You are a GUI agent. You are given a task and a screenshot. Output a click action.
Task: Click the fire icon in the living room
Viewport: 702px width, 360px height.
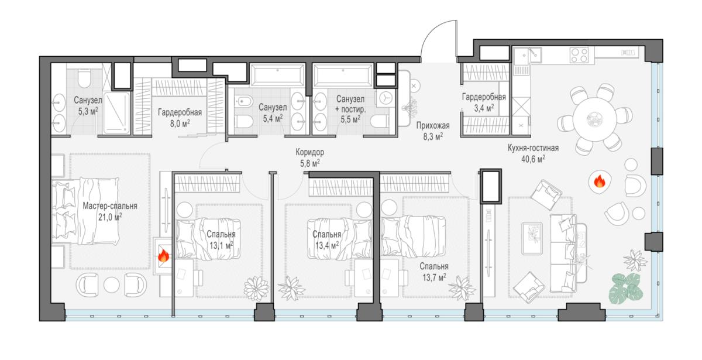[599, 181]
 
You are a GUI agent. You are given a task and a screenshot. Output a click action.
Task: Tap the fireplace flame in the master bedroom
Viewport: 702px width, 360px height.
[163, 256]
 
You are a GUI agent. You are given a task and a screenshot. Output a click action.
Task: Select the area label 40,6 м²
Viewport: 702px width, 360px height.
[533, 159]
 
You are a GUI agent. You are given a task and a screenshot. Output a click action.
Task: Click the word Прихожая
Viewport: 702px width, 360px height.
[433, 126]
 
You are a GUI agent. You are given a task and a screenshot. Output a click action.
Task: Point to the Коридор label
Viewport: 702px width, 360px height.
[309, 152]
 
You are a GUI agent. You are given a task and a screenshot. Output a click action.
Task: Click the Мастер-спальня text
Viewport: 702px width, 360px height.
[110, 206]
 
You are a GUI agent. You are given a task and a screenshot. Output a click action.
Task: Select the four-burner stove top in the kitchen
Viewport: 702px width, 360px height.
[579, 55]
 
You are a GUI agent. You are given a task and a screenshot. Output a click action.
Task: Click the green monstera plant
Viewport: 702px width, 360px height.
[626, 288]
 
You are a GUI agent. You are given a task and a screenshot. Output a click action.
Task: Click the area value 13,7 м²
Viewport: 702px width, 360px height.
[434, 277]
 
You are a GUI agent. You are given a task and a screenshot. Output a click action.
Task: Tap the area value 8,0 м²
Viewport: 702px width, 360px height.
[180, 124]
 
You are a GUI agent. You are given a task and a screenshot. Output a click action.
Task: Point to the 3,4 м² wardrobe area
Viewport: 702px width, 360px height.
[484, 108]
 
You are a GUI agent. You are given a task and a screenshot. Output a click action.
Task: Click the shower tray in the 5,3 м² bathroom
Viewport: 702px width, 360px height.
[116, 112]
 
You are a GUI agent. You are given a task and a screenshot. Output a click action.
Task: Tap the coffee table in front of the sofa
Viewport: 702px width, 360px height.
[532, 238]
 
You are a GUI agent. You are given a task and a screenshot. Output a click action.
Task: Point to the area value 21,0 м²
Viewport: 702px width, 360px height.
[110, 217]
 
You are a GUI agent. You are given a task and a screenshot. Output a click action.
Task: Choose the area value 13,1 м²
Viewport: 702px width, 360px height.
[221, 245]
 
